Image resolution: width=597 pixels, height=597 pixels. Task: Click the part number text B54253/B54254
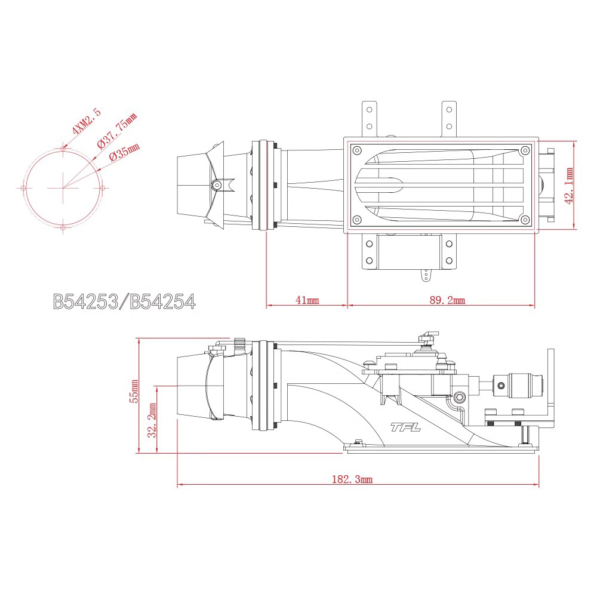click(124, 301)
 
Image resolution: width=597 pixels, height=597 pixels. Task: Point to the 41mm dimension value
click(307, 300)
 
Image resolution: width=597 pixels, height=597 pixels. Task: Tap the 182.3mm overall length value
click(352, 479)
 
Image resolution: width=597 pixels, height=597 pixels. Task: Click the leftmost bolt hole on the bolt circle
click(23, 188)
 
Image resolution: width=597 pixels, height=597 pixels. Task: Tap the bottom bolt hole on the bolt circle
click(63, 227)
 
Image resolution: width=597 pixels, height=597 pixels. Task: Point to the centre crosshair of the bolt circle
click(63, 188)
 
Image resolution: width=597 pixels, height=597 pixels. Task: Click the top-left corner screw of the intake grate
click(357, 150)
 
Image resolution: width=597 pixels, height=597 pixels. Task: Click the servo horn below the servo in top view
click(426, 275)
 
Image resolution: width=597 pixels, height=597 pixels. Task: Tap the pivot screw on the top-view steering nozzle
click(217, 186)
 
